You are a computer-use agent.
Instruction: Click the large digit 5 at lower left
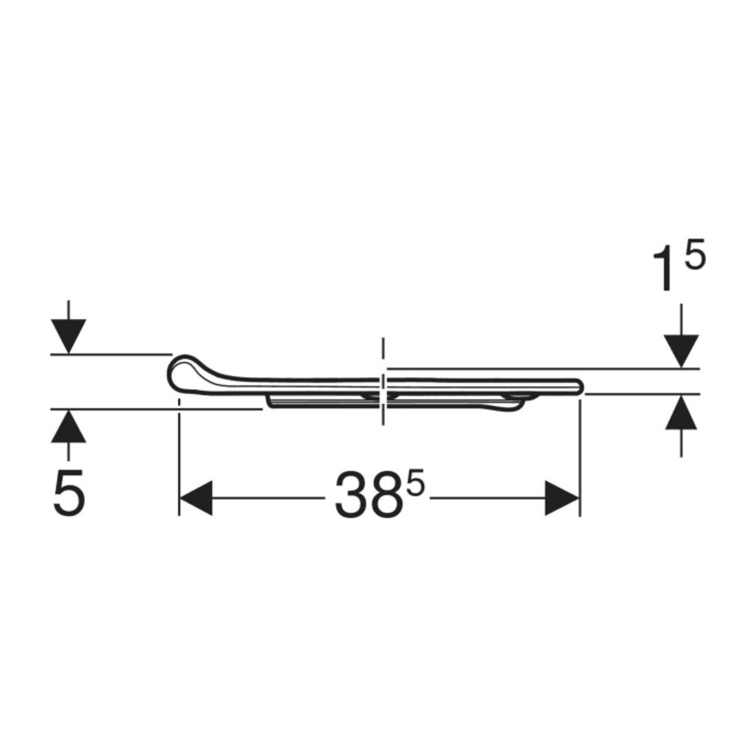tap(69, 493)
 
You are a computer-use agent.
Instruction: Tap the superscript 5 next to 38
tap(416, 482)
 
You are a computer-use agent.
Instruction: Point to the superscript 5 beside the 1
tap(695, 255)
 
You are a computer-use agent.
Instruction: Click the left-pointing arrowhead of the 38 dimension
tap(196, 498)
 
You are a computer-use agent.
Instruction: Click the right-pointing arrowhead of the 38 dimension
tap(562, 498)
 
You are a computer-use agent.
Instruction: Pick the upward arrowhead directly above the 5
tap(69, 425)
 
